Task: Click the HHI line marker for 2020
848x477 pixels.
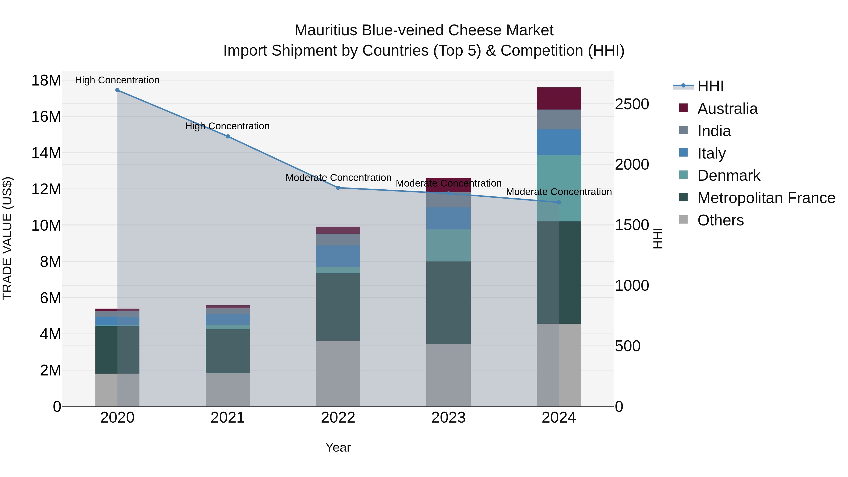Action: click(x=117, y=90)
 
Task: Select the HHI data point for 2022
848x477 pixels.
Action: click(x=338, y=188)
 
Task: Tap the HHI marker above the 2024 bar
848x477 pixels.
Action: click(x=559, y=202)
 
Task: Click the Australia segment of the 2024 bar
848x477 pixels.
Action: click(x=559, y=98)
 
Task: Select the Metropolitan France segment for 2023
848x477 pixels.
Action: click(x=448, y=303)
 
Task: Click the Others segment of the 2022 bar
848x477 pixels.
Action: click(x=338, y=373)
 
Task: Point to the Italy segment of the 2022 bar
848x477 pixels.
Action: click(x=338, y=256)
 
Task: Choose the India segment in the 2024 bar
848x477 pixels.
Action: click(x=559, y=119)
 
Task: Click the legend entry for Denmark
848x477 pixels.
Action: click(x=729, y=175)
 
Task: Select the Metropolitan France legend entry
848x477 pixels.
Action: click(x=766, y=198)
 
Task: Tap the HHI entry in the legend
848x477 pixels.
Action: click(x=710, y=86)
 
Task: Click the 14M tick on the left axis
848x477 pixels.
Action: click(x=46, y=153)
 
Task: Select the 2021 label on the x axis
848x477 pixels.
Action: click(x=228, y=418)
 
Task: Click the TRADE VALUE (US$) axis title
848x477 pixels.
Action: click(x=8, y=238)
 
